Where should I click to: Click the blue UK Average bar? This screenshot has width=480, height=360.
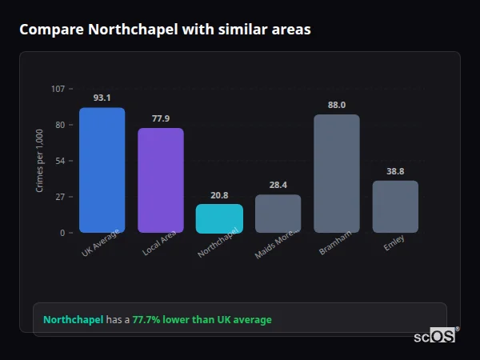tap(102, 170)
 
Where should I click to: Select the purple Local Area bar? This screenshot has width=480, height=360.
tap(161, 181)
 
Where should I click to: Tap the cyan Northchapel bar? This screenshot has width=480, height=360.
tap(219, 218)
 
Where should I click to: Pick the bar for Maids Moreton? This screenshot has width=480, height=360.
tap(278, 214)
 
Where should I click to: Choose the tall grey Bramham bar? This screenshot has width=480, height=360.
tap(337, 174)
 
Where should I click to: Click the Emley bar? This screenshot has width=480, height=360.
tap(395, 206)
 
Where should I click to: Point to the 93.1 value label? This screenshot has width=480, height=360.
tap(102, 98)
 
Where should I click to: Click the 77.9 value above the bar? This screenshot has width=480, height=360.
tap(161, 118)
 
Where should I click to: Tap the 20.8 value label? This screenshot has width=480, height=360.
tap(219, 194)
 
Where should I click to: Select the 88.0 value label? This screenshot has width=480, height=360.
tap(337, 105)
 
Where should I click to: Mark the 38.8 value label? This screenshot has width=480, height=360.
tap(395, 171)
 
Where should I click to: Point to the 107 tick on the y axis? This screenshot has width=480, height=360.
tap(58, 89)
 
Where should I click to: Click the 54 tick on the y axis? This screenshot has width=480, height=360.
tap(60, 161)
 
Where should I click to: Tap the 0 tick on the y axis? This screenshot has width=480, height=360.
tap(62, 233)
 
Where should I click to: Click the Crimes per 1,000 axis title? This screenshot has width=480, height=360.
tap(40, 161)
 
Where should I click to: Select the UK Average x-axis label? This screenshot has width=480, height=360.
tap(102, 244)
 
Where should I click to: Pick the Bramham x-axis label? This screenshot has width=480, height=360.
tap(333, 242)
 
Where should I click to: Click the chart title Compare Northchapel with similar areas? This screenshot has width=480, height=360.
tap(165, 30)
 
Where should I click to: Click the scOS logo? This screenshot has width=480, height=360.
tap(435, 336)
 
